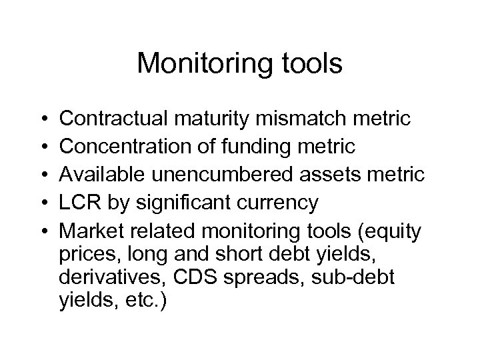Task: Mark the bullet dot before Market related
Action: (x=42, y=231)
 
